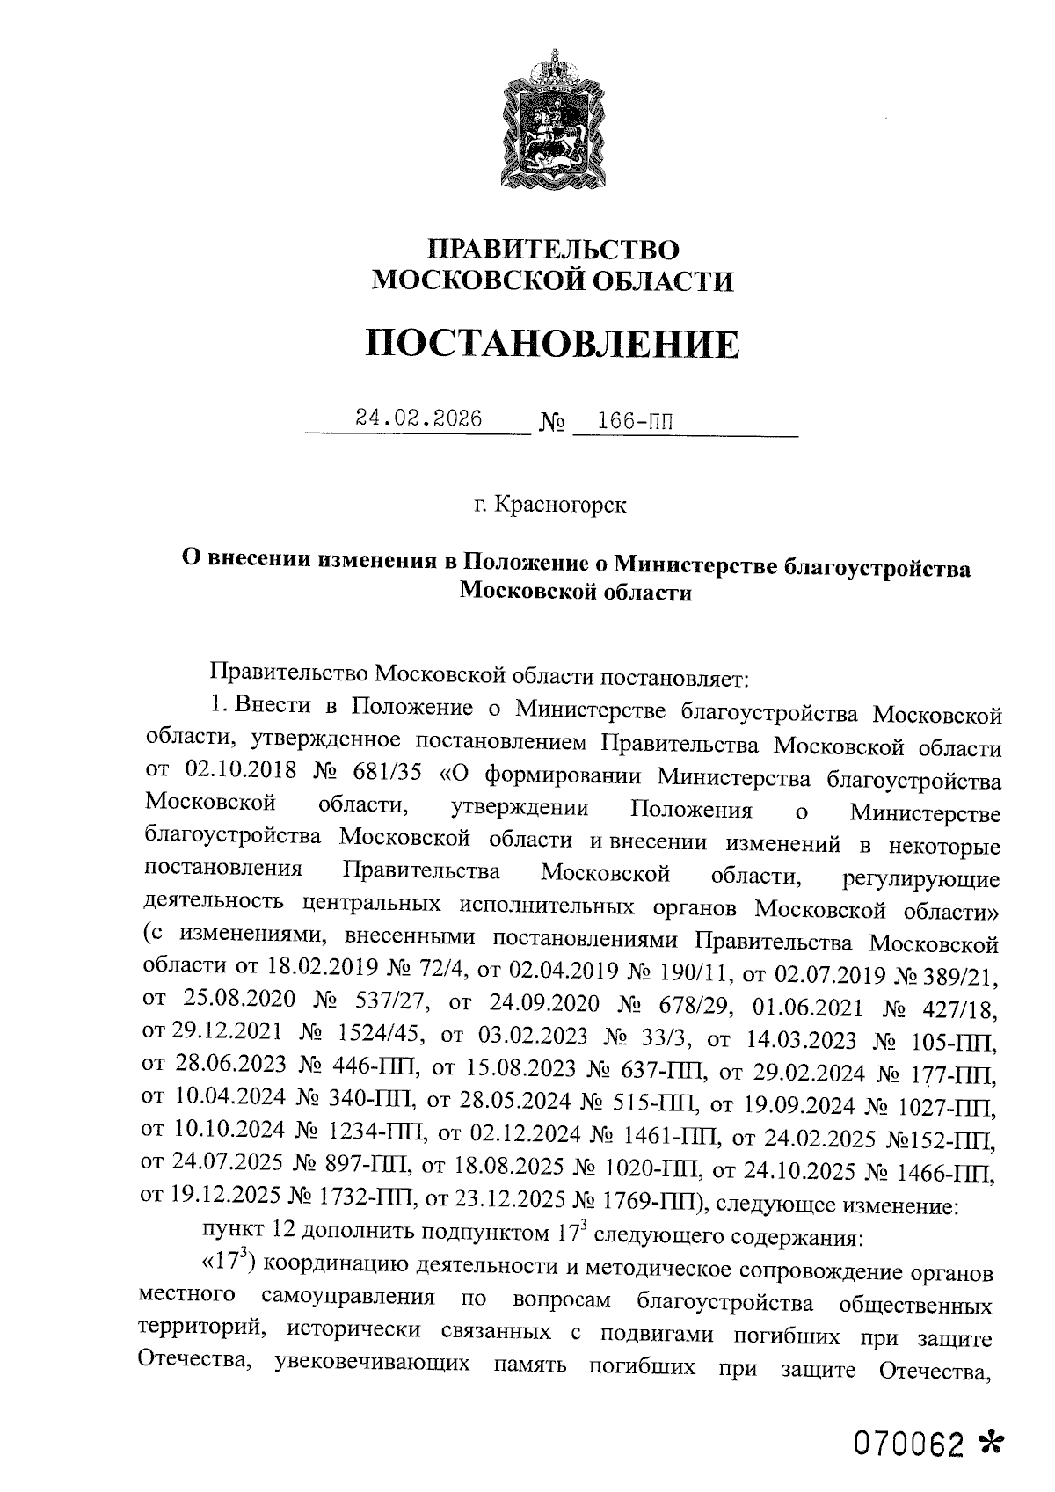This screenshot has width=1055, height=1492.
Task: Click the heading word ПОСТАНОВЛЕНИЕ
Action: pyautogui.click(x=552, y=344)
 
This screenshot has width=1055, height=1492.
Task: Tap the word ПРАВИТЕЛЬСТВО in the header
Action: pyautogui.click(x=552, y=250)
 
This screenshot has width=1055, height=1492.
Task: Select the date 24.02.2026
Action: pyautogui.click(x=418, y=419)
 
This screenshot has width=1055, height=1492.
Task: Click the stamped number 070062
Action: pyautogui.click(x=909, y=1444)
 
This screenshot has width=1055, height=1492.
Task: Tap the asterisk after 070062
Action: pyautogui.click(x=990, y=1443)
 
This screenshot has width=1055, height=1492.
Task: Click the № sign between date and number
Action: pyautogui.click(x=550, y=423)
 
